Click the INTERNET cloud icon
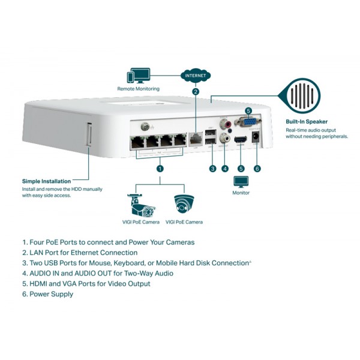tap(196, 76)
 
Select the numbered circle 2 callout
tap(196, 92)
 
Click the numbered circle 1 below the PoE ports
tap(160, 169)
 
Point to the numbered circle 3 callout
tap(212, 169)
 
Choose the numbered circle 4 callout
tap(225, 169)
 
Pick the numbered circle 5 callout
tap(241, 169)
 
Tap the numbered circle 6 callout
tap(257, 169)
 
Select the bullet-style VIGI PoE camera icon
tap(142, 205)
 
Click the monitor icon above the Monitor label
tap(241, 182)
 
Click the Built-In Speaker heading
tap(307, 122)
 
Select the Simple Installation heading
tap(46, 181)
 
